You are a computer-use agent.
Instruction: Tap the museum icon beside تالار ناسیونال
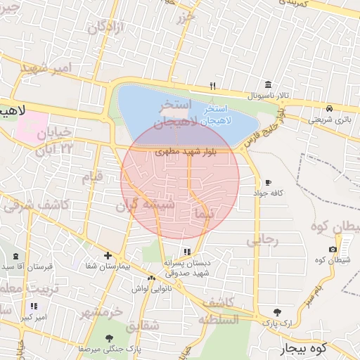tap(268, 84)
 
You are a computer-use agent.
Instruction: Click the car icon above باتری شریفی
tap(330, 108)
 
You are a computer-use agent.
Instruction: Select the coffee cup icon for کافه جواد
tap(268, 182)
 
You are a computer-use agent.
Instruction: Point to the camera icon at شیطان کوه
tap(333, 250)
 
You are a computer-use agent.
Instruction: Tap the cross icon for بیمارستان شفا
tap(107, 256)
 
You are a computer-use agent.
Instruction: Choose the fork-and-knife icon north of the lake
tap(212, 86)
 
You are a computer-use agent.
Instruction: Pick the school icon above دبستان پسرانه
tap(186, 251)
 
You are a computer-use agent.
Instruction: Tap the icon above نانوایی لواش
tap(151, 278)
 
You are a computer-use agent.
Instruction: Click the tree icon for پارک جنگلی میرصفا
tap(109, 337)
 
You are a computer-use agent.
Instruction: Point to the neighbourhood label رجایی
tap(262, 240)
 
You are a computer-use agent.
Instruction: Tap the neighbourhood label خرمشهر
tap(101, 311)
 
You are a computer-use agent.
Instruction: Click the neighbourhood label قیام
tap(92, 176)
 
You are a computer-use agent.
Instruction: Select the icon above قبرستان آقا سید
tap(15, 257)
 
